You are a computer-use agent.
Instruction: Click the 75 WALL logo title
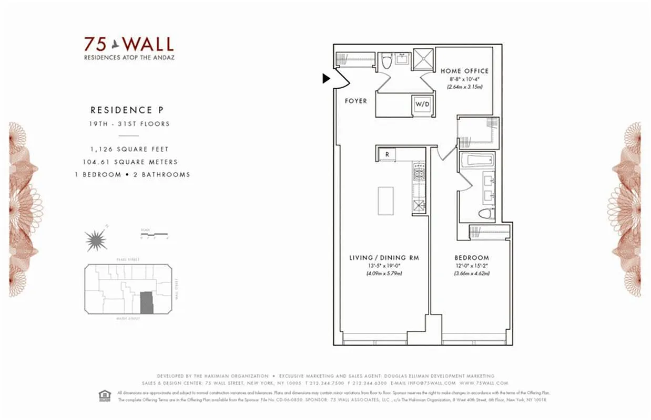[129, 44]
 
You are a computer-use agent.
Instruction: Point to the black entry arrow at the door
[326, 78]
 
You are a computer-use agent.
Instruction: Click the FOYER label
[355, 101]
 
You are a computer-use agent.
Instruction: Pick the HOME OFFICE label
[464, 71]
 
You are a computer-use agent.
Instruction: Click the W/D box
[422, 104]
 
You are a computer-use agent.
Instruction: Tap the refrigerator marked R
[387, 154]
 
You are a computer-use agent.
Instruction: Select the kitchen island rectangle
[385, 201]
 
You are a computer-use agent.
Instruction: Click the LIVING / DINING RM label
[384, 258]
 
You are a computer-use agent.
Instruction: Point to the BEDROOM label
[472, 258]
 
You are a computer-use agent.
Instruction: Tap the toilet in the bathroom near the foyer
[387, 62]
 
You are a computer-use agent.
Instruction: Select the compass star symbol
[96, 240]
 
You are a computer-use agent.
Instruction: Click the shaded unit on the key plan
[147, 303]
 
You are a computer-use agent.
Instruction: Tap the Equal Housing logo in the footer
[104, 395]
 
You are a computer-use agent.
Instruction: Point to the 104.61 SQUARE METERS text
[130, 162]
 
